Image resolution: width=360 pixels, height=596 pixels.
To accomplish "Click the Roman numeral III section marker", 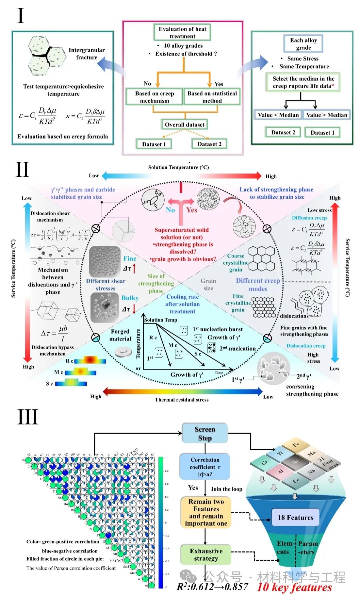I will [x=28, y=417].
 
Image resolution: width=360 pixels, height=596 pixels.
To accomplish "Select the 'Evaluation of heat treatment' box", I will [x=182, y=32].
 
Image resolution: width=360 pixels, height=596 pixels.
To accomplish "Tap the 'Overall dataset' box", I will [x=184, y=125].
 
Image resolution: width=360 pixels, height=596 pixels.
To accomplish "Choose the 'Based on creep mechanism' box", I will [x=154, y=97].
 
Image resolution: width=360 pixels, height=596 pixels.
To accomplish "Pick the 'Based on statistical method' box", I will [x=212, y=97].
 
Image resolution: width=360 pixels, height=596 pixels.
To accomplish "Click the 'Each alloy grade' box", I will [x=303, y=44].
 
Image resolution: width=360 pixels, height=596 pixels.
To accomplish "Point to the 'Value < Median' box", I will [x=278, y=115].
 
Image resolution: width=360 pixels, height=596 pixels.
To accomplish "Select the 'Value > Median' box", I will [x=326, y=115].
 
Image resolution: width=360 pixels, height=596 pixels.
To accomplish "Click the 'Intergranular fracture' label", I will [x=86, y=54].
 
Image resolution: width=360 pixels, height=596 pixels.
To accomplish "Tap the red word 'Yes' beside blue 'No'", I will [x=192, y=210].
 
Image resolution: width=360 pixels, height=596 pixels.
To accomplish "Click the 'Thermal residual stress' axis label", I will [x=182, y=400].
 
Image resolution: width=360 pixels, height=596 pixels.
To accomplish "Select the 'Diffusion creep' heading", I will [x=309, y=218].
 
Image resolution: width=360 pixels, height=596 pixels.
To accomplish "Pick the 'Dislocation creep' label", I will [x=306, y=346].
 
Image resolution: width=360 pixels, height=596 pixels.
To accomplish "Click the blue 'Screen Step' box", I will [x=205, y=433].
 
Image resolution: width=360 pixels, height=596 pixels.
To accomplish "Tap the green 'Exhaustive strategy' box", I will [x=206, y=555].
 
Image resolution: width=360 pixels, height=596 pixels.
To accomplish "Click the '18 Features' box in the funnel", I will [x=295, y=517].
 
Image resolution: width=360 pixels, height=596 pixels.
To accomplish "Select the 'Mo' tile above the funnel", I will [x=312, y=454].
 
